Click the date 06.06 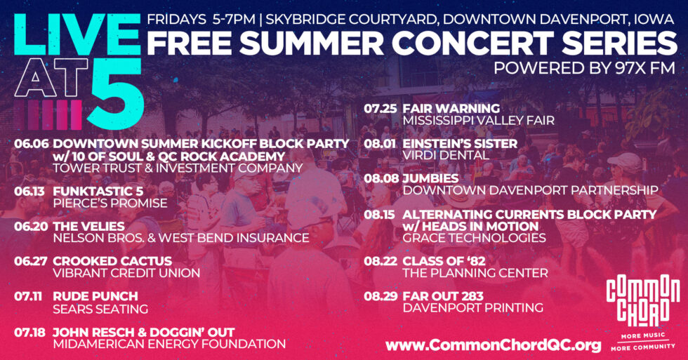(31, 144)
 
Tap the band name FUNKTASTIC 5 (98, 192)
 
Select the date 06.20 (31, 226)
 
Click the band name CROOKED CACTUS (112, 261)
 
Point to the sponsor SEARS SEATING (100, 309)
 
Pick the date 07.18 (29, 333)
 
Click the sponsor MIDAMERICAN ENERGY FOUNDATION (169, 345)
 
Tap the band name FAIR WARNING (451, 108)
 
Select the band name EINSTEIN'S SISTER (460, 144)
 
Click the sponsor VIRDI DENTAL (446, 155)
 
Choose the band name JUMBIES (430, 178)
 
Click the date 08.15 (379, 215)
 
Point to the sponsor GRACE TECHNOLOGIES (475, 238)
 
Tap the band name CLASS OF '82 (444, 261)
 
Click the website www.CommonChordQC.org (493, 345)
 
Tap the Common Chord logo (643, 312)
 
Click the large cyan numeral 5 (116, 93)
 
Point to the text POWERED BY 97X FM (584, 68)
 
